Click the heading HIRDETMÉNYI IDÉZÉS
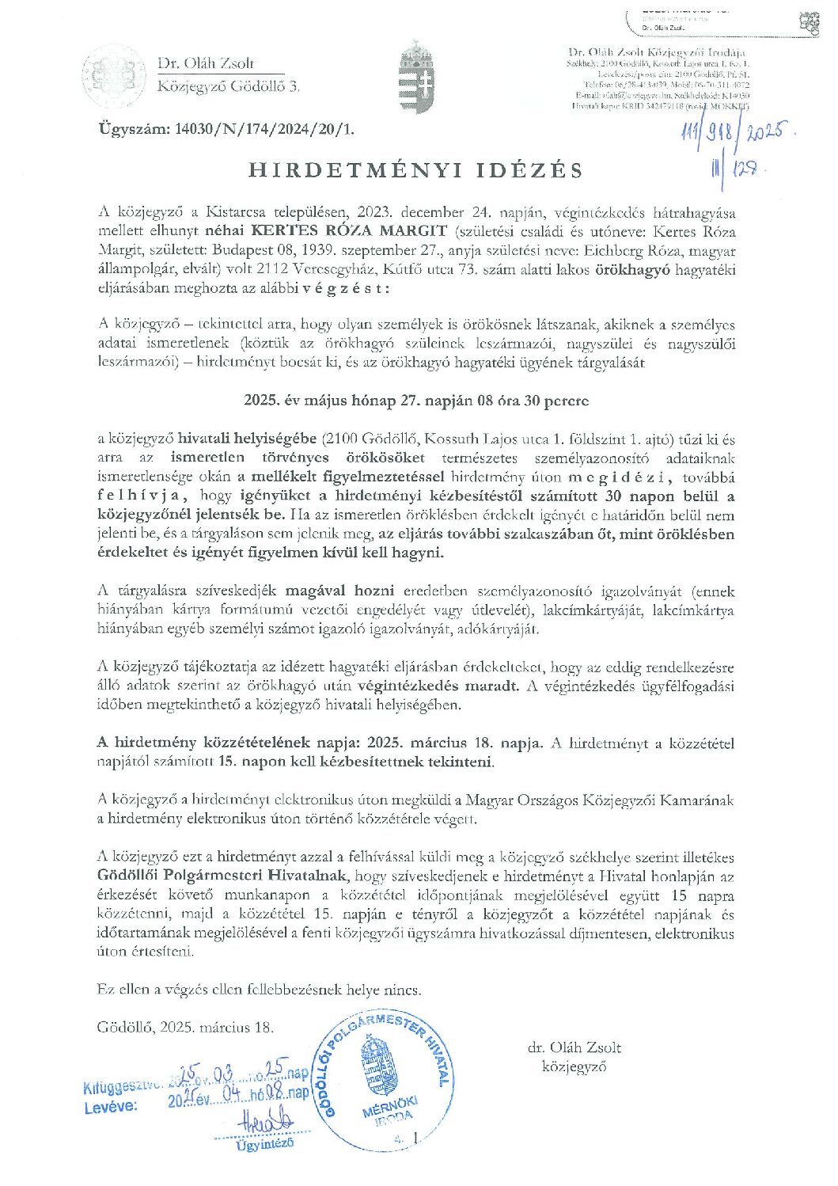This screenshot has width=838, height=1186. (416, 170)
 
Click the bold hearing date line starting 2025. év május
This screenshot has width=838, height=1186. (416, 401)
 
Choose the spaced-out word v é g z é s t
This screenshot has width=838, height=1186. (345, 288)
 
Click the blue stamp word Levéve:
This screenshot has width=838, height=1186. (111, 1106)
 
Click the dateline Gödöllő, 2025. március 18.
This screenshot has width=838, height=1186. (185, 1028)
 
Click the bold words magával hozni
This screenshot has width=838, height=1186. (339, 591)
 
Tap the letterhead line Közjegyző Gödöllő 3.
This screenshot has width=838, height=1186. (229, 87)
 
